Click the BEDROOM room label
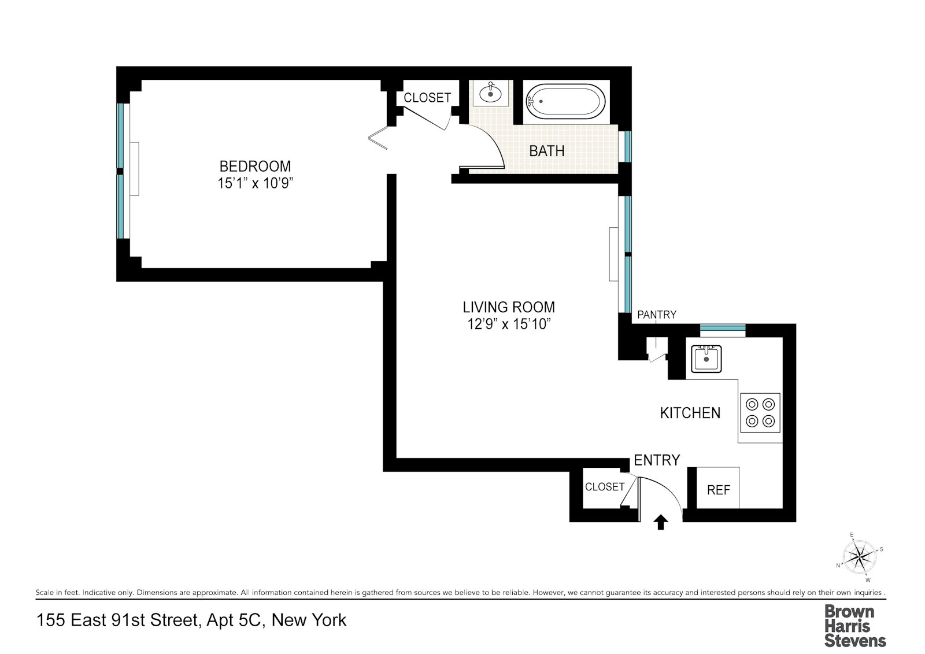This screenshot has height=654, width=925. pos(255,167)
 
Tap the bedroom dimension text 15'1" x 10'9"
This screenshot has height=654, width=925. pos(255,184)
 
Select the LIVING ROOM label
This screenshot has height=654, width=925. pos(508,307)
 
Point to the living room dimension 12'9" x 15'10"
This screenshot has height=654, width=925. pos(508,324)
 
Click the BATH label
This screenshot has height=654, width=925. pos(546,151)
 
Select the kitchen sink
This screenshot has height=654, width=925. pos(706,359)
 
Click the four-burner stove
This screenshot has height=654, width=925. pos(760,413)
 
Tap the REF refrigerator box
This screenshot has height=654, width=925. pos(718,490)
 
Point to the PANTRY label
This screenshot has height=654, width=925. pos(656,315)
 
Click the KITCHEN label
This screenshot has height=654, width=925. pos(690,413)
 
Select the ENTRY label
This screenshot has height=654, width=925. pos(657,460)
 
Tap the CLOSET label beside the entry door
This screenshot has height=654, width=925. pos(604,487)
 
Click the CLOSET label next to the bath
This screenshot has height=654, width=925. pos(427,98)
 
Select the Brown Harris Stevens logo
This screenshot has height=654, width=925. pos(854,626)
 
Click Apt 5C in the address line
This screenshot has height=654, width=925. pos(236,620)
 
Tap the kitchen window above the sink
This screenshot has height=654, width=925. pos(723,329)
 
